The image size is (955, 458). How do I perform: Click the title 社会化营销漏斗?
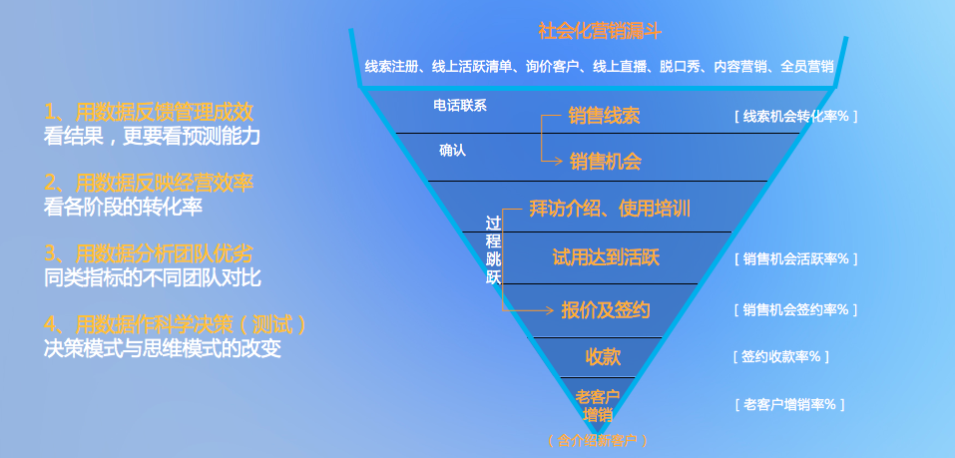click(600, 31)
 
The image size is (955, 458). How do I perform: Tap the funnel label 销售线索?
click(604, 115)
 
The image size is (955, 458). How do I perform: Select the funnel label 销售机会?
click(606, 161)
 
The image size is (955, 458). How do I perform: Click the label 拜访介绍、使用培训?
click(609, 210)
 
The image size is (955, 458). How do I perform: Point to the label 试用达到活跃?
click(606, 257)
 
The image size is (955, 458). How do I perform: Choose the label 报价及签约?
click(606, 310)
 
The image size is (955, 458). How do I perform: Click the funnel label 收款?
click(603, 357)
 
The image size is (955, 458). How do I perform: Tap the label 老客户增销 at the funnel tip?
click(598, 406)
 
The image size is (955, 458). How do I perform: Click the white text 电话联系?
click(460, 106)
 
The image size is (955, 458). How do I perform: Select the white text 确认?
click(452, 151)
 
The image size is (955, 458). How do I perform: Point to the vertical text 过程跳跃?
click(493, 250)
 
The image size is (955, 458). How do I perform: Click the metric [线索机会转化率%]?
click(795, 117)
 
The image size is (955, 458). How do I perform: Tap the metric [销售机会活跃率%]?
click(795, 258)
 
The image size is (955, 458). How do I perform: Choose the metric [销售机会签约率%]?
click(795, 310)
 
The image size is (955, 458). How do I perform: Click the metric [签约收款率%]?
click(780, 357)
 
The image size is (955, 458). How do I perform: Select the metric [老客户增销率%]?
click(789, 404)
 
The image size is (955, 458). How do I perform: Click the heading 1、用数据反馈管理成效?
click(149, 112)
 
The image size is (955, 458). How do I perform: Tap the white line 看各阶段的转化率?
click(123, 208)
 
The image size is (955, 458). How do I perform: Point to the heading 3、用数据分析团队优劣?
click(149, 253)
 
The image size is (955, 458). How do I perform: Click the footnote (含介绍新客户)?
click(597, 441)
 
